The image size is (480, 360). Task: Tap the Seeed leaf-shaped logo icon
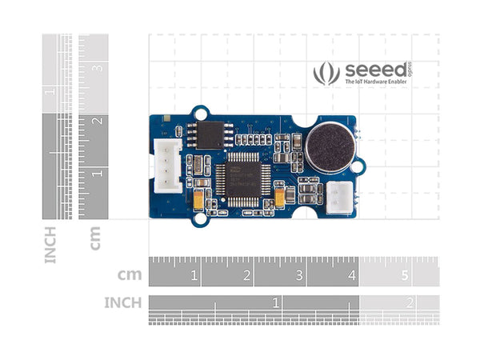click(x=326, y=74)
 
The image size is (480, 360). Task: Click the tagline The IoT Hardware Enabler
click(x=375, y=82)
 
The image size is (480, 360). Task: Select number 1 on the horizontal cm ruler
click(x=194, y=276)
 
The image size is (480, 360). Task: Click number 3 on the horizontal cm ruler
click(x=299, y=276)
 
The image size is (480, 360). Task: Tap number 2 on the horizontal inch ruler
click(x=409, y=303)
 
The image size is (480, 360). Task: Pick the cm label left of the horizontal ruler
click(x=130, y=274)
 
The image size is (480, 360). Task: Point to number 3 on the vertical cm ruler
click(x=98, y=68)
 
